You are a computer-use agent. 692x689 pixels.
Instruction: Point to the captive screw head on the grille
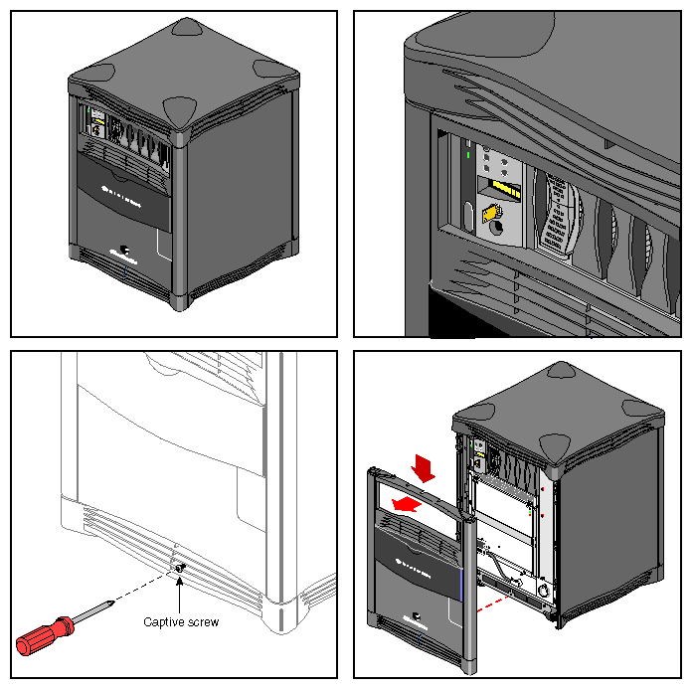coord(180,567)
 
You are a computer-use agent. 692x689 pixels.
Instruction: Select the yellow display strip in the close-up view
coord(506,188)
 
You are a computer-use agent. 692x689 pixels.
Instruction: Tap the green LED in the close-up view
coord(467,154)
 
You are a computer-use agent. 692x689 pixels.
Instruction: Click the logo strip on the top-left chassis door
coord(121,187)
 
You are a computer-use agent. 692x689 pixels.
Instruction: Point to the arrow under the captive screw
coord(180,595)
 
